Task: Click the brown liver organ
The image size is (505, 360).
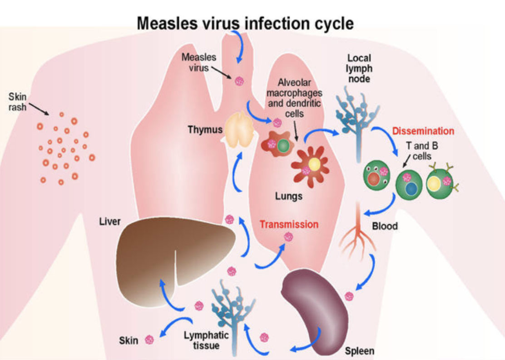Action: pyautogui.click(x=150, y=255)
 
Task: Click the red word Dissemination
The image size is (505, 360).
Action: pyautogui.click(x=423, y=131)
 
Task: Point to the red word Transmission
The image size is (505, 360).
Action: pyautogui.click(x=289, y=224)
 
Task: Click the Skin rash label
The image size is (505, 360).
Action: pyautogui.click(x=18, y=102)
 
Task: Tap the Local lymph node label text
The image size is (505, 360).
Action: pyautogui.click(x=359, y=68)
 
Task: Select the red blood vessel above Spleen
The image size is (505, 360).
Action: pyautogui.click(x=359, y=232)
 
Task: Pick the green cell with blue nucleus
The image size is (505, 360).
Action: pyautogui.click(x=409, y=185)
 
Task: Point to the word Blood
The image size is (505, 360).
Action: pyautogui.click(x=385, y=226)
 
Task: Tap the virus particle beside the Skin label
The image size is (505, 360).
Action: pyautogui.click(x=149, y=339)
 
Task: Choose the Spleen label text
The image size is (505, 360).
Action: pyautogui.click(x=360, y=351)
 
